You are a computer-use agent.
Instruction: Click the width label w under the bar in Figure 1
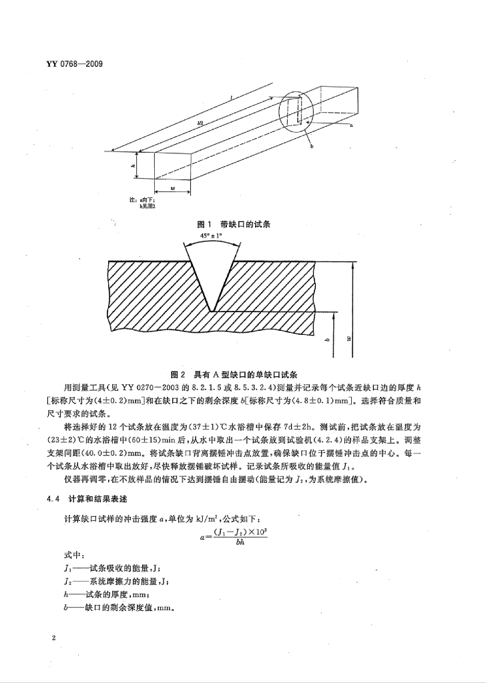(172, 189)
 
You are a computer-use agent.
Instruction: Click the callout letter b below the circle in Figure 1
(311, 146)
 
